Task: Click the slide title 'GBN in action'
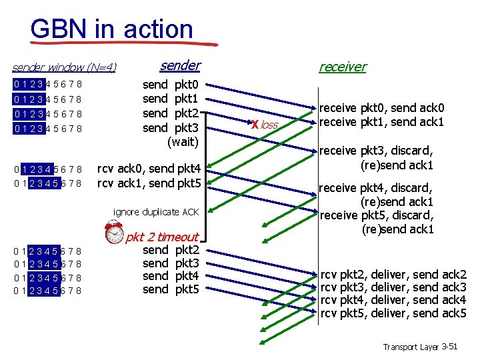[111, 29]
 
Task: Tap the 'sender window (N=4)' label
[65, 67]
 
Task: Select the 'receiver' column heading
[342, 66]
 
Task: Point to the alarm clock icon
[115, 233]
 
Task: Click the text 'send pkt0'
[171, 85]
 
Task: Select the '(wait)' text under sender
[182, 141]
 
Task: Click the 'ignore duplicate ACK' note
[156, 212]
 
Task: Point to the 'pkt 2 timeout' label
[162, 237]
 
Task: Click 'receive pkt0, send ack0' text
[382, 108]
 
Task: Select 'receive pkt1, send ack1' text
[382, 121]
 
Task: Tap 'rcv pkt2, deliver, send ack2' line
[393, 274]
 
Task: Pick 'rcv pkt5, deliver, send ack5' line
[393, 313]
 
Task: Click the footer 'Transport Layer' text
[410, 347]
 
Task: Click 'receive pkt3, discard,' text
[377, 151]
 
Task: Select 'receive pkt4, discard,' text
[377, 188]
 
